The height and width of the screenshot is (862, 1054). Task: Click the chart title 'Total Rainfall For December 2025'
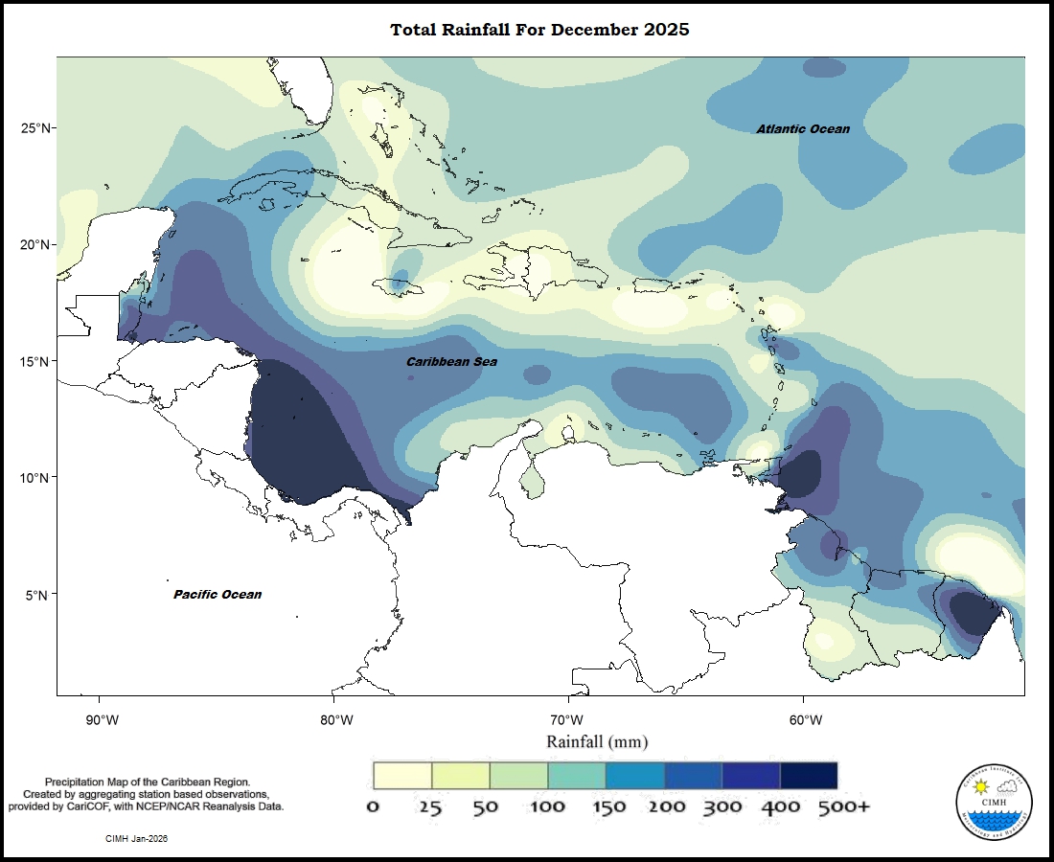[539, 30]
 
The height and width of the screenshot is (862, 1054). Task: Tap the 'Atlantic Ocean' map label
[802, 128]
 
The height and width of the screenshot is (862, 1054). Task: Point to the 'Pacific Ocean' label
[218, 594]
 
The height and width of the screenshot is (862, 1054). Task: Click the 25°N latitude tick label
[35, 128]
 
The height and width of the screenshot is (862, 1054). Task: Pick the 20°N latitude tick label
[35, 244]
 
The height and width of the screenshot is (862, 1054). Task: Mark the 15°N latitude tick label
[35, 361]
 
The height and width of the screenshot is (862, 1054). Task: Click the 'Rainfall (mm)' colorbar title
[597, 741]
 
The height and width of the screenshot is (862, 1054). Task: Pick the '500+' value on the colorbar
[843, 806]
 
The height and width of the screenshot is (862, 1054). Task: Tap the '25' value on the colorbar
[430, 806]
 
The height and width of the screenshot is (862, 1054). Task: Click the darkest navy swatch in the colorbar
[809, 775]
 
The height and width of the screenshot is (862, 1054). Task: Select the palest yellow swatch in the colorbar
[402, 775]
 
